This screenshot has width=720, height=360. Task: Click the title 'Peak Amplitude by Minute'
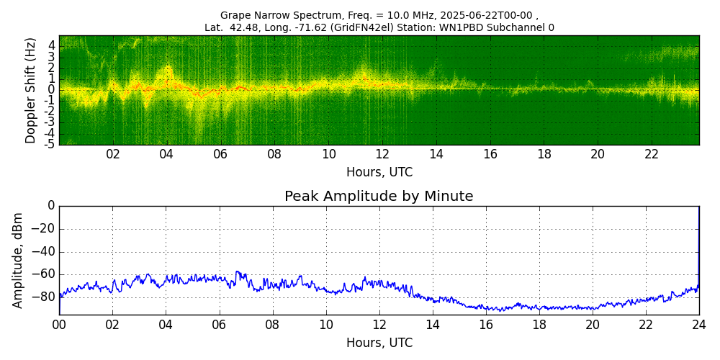pyautogui.click(x=379, y=197)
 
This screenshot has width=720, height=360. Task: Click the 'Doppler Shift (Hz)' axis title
pyautogui.click(x=30, y=90)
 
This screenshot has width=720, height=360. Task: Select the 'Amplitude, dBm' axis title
pyautogui.click(x=18, y=260)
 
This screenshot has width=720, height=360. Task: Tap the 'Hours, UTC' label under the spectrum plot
pyautogui.click(x=379, y=173)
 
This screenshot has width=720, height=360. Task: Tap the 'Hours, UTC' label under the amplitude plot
pyautogui.click(x=379, y=343)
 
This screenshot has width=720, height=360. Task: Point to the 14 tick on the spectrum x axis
pyautogui.click(x=436, y=154)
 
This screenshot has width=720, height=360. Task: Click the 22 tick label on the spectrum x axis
pyautogui.click(x=652, y=154)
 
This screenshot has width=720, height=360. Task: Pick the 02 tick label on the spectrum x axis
pyautogui.click(x=113, y=154)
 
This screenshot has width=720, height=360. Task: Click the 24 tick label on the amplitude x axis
pyautogui.click(x=698, y=324)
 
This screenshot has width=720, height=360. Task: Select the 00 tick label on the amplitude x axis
pyautogui.click(x=59, y=324)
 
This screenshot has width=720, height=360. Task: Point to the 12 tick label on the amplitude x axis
pyautogui.click(x=379, y=324)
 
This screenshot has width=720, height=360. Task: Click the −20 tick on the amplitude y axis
pyautogui.click(x=43, y=229)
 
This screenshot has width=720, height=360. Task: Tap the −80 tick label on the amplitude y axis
pyautogui.click(x=43, y=297)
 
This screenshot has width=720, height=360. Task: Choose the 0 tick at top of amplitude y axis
pyautogui.click(x=51, y=206)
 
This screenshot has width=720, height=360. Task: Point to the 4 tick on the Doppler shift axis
pyautogui.click(x=52, y=45)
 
